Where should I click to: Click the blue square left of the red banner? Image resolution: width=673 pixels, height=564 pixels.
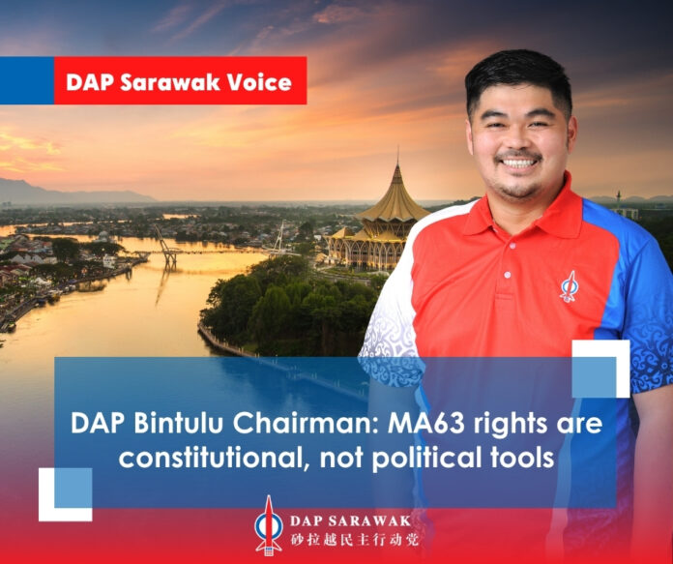[27, 80]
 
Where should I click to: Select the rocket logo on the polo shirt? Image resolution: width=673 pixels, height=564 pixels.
[570, 285]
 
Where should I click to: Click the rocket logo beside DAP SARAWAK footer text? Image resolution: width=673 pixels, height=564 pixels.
[269, 525]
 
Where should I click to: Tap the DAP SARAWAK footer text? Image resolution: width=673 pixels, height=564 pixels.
[350, 521]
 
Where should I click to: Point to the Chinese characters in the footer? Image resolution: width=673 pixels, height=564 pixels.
[355, 540]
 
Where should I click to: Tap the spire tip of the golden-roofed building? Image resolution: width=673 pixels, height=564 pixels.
[397, 147]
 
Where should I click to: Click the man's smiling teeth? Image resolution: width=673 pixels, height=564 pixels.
[518, 163]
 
